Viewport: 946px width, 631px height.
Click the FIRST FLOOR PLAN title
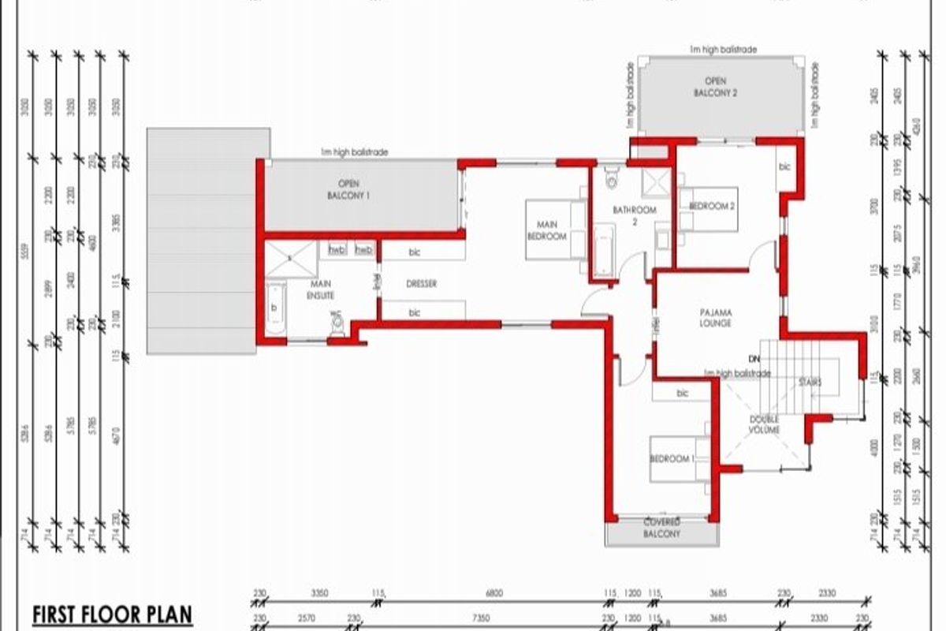coord(112,614)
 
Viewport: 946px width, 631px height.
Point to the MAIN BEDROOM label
coord(547,230)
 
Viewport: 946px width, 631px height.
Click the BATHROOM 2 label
coord(635,215)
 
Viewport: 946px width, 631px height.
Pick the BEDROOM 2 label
coord(712,206)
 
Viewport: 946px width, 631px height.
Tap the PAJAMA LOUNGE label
coord(715,318)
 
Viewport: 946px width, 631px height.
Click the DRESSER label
coord(421,284)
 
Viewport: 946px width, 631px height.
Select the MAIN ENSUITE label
coord(322,289)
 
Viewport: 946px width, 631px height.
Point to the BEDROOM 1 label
coord(672,459)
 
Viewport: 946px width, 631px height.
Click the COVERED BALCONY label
coord(661,528)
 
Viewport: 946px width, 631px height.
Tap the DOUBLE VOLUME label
coord(764,425)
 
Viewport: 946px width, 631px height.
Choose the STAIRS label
coord(810,383)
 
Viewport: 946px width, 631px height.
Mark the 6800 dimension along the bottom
coord(494,594)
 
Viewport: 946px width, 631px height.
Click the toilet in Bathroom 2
coord(611,178)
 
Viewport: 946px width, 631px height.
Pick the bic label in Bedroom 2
coord(784,167)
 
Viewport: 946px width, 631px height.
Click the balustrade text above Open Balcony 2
coord(722,49)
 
